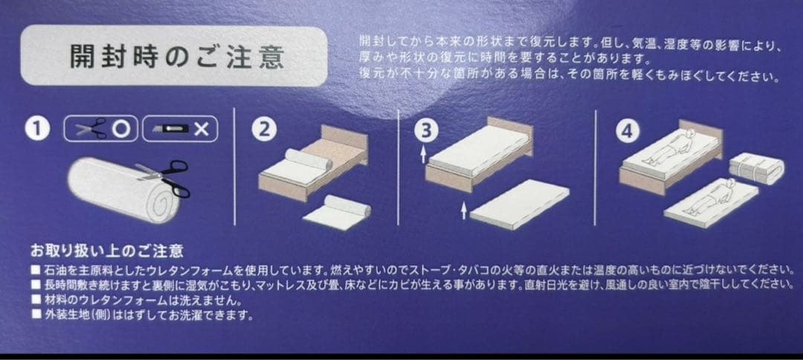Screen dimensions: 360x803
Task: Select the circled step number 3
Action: [424, 131]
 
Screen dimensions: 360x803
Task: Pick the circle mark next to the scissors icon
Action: [121, 129]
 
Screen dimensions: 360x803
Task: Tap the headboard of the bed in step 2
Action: [346, 143]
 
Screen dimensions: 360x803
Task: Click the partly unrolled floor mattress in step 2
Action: [341, 212]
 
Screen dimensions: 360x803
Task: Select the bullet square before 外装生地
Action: [35, 315]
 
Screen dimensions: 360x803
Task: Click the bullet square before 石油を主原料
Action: [35, 269]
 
